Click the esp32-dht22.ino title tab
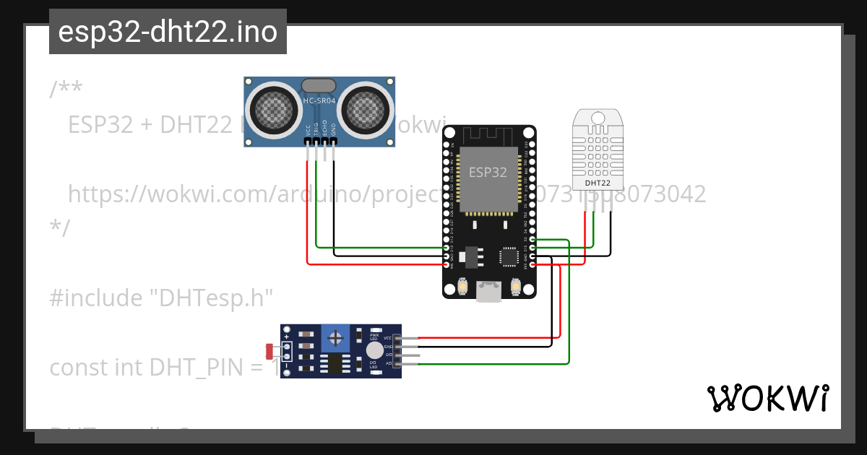(x=168, y=32)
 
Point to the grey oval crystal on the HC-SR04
(x=319, y=86)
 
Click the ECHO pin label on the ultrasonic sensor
(x=324, y=128)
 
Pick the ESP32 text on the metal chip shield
(x=488, y=172)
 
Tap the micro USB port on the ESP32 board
(x=489, y=291)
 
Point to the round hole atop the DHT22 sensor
(x=598, y=118)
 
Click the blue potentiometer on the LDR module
(x=335, y=337)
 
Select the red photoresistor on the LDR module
(x=269, y=351)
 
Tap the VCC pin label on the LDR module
(x=387, y=338)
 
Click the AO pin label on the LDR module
(x=388, y=364)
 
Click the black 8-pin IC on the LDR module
(x=335, y=363)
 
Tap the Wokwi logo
(x=767, y=398)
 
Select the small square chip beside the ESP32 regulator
(x=509, y=256)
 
